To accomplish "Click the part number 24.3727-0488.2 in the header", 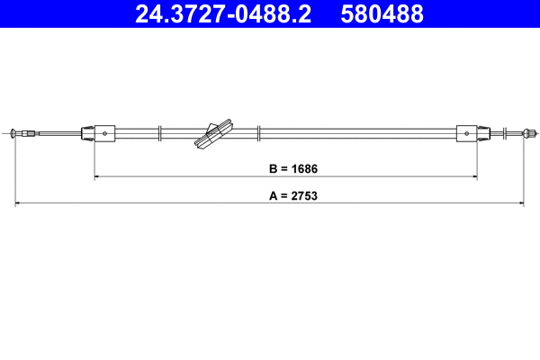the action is (x=223, y=13).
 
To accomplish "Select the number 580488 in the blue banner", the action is (x=382, y=13).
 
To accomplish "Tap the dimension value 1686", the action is (x=304, y=169).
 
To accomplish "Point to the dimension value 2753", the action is (x=304, y=195).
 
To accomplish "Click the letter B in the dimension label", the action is (x=273, y=169).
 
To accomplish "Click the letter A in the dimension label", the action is (x=273, y=195).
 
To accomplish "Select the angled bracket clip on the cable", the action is (x=213, y=134).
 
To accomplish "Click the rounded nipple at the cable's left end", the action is (x=13, y=133).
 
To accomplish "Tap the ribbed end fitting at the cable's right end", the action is (x=530, y=133).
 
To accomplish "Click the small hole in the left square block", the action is (x=104, y=134).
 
